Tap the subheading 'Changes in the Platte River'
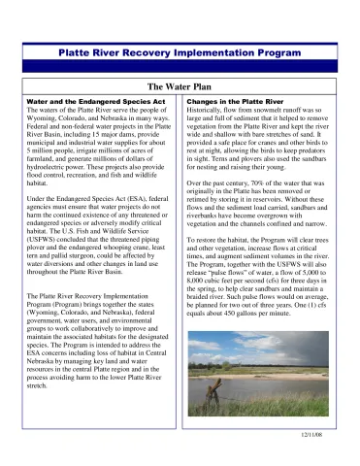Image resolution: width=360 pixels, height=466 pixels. (236, 101)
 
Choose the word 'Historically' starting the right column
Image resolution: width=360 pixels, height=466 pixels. (209, 110)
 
